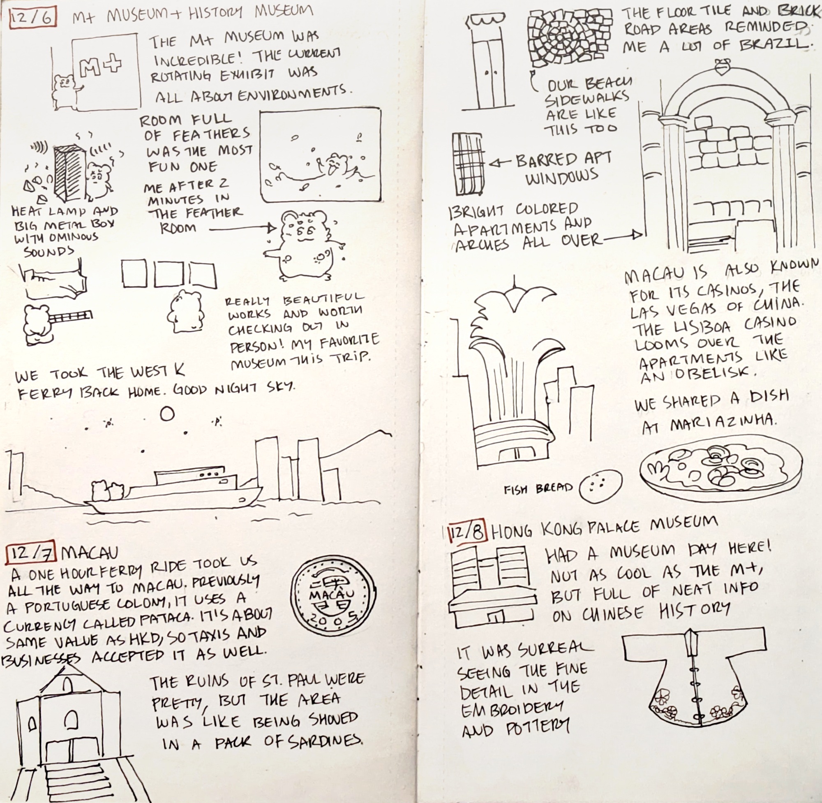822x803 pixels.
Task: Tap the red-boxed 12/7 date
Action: [x=31, y=553]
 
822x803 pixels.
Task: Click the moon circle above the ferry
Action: [x=167, y=414]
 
